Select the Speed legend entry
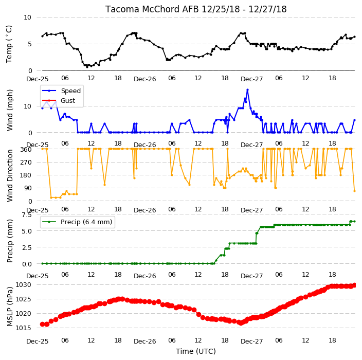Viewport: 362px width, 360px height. [61, 91]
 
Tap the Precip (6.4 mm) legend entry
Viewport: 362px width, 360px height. [77, 222]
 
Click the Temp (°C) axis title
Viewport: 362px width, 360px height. [9, 44]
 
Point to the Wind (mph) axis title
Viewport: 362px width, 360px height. [10, 110]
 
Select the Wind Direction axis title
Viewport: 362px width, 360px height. [10, 176]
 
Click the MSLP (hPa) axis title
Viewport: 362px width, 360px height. [10, 307]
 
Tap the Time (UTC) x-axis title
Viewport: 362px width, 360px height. [196, 351]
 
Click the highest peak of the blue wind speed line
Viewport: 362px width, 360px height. [247, 89]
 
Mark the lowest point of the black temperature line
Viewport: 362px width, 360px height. [87, 67]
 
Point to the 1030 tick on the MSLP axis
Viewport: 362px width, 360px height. [23, 285]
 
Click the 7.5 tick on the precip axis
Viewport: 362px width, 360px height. [27, 215]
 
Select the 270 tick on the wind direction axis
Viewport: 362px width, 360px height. [26, 163]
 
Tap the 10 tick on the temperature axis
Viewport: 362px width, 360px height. [27, 17]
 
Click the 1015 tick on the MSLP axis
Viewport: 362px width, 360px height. [23, 328]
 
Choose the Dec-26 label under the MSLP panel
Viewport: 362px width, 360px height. [145, 341]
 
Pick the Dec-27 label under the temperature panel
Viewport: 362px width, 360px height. [252, 79]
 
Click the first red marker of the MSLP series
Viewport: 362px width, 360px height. [42, 324]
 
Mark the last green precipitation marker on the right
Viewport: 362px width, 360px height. [355, 222]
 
